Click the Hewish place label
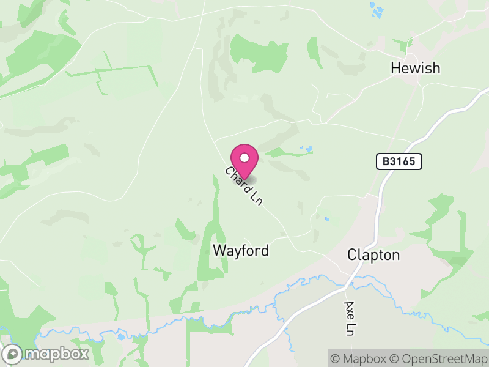[415, 68]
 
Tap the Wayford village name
[241, 251]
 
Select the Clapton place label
[373, 254]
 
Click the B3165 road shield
[399, 161]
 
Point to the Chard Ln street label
[243, 186]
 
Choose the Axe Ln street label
[350, 318]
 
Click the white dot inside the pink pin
[244, 158]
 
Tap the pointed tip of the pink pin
[244, 179]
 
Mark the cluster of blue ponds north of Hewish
[376, 9]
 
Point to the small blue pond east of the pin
[306, 148]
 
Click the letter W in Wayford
[219, 251]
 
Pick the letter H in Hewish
[395, 68]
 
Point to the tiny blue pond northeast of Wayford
[326, 218]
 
